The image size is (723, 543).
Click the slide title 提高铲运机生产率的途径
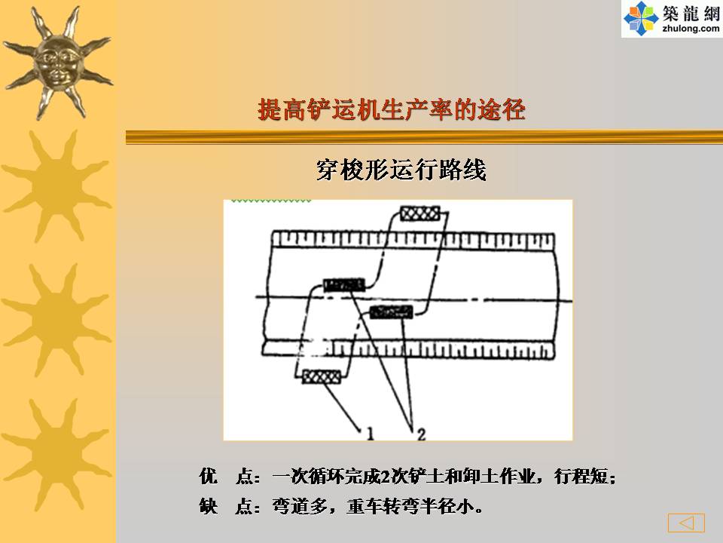tap(392, 110)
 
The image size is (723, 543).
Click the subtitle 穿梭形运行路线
tap(401, 170)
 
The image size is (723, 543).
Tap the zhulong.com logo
tap(672, 19)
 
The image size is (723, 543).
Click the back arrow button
tap(686, 523)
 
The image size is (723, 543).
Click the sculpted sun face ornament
tap(57, 63)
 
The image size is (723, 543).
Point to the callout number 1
tap(370, 433)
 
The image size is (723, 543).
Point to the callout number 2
tap(421, 434)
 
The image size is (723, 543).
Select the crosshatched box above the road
tap(419, 213)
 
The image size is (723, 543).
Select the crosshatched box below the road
tap(322, 377)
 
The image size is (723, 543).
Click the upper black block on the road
tap(344, 285)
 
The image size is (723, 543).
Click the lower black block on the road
tap(392, 312)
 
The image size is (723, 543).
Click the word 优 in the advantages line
tap(209, 476)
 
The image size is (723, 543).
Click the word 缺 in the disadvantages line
tap(209, 506)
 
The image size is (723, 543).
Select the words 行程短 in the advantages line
tap(581, 476)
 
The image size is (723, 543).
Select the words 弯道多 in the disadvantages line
tap(299, 506)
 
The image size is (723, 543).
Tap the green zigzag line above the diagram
tap(271, 201)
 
